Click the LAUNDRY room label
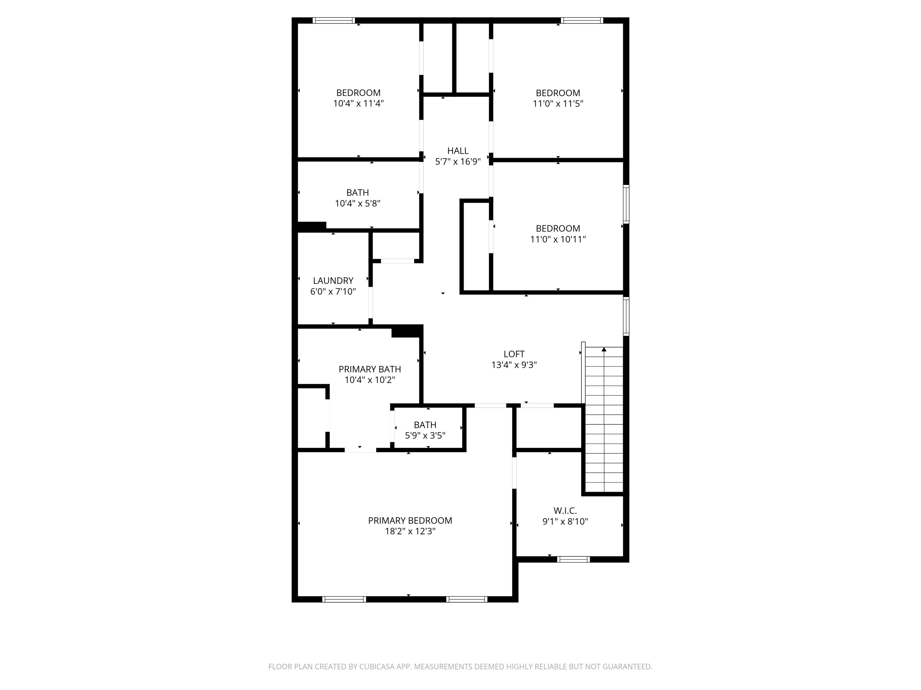pyautogui.click(x=333, y=281)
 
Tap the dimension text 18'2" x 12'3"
pyautogui.click(x=410, y=531)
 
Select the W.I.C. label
pyautogui.click(x=565, y=510)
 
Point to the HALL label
pyautogui.click(x=458, y=151)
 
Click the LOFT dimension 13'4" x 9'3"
pyautogui.click(x=514, y=365)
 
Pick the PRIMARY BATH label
pyautogui.click(x=369, y=369)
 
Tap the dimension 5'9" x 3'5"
pyautogui.click(x=425, y=435)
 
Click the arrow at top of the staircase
pyautogui.click(x=604, y=349)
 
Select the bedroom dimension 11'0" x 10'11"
pyautogui.click(x=558, y=239)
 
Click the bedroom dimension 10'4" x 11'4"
pyautogui.click(x=358, y=103)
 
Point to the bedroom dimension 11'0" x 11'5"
pyautogui.click(x=558, y=104)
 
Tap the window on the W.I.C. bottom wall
pyautogui.click(x=573, y=559)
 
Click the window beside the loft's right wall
pyautogui.click(x=626, y=316)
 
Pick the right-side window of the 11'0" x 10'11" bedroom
pyautogui.click(x=626, y=204)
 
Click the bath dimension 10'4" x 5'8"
pyautogui.click(x=358, y=203)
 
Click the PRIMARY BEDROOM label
pyautogui.click(x=410, y=520)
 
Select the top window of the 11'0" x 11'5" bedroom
pyautogui.click(x=582, y=20)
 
